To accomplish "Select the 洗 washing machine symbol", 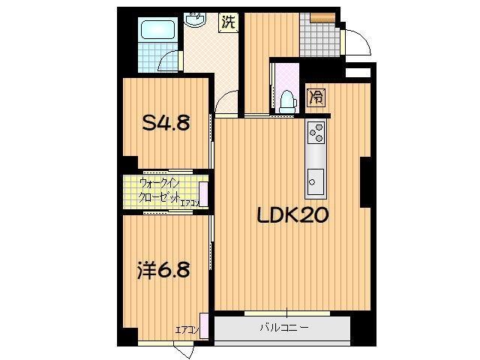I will point(228,22).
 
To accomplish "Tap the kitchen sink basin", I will point(315,180).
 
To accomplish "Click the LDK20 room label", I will point(292,216).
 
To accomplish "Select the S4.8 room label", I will point(166,122).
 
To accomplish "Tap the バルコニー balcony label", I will point(284,328).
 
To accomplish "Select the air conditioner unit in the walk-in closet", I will point(203,193).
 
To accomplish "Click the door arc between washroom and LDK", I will point(226,101).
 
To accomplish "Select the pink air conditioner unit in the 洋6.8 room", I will point(204,322).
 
